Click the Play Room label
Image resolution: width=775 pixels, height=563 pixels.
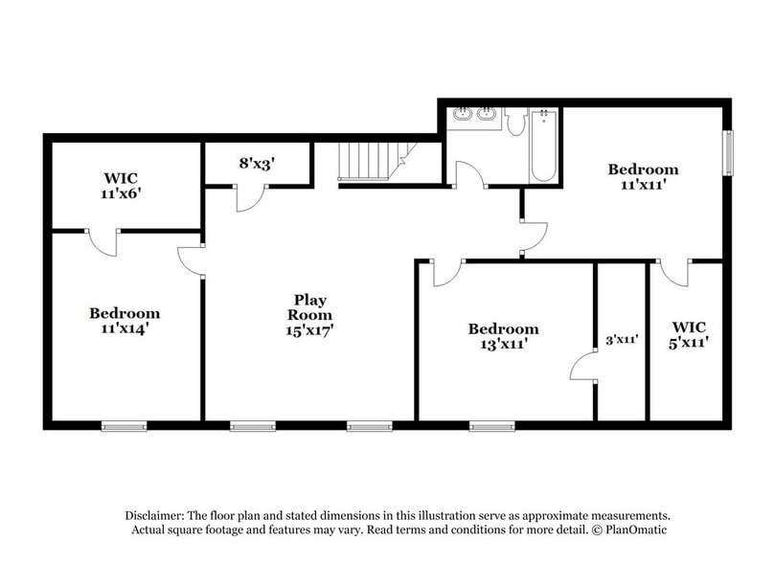(x=311, y=314)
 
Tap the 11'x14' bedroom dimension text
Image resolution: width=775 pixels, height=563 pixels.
(x=125, y=328)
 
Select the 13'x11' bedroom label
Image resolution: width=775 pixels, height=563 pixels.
(x=503, y=336)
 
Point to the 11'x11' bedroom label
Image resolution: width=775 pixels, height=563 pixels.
(x=643, y=177)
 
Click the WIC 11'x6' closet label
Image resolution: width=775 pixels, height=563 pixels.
(x=124, y=185)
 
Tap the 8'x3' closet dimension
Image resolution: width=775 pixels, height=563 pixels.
(x=257, y=164)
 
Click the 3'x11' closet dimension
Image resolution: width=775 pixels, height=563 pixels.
(x=622, y=338)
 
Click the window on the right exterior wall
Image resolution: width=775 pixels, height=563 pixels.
(x=727, y=152)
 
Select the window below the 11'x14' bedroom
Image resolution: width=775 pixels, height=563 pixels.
(x=124, y=426)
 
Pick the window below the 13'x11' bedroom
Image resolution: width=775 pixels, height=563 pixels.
(x=491, y=426)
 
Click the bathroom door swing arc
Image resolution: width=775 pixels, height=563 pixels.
(x=469, y=175)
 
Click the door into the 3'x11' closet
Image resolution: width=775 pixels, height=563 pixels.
(x=582, y=369)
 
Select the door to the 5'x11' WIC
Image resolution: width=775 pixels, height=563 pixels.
(x=673, y=274)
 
